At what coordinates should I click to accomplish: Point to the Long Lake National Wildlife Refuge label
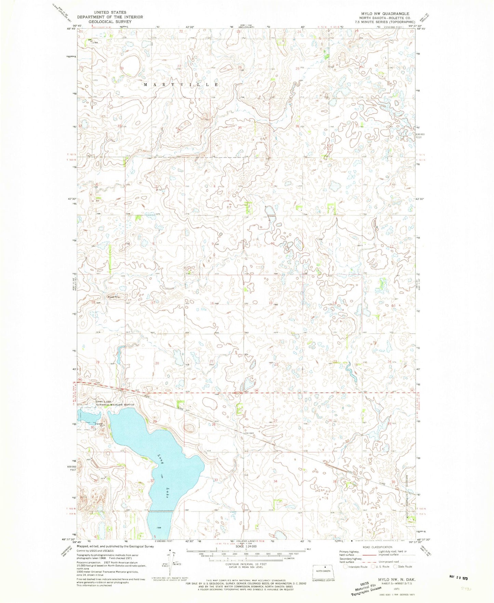click(115, 403)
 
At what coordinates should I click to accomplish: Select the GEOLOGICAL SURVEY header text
click(110, 21)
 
